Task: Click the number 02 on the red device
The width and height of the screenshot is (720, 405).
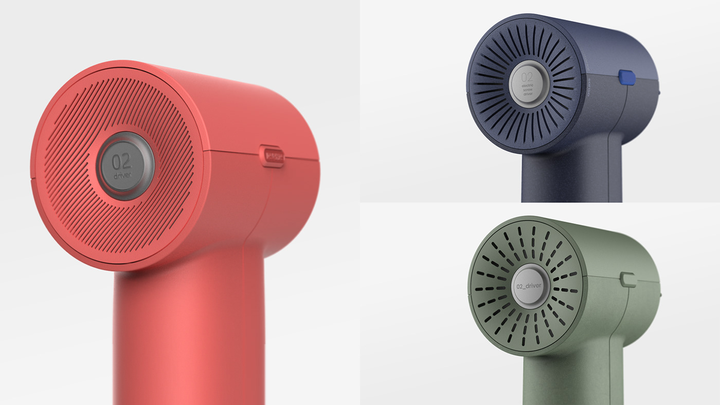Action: tap(122, 161)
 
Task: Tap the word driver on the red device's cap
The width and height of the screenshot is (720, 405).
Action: tap(122, 176)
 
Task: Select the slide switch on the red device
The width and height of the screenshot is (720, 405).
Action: tap(272, 155)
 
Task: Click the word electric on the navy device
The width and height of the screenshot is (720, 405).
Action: tap(527, 85)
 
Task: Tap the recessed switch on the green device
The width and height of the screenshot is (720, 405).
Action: tap(628, 279)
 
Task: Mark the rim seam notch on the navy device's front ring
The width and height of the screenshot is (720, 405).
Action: tap(467, 94)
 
